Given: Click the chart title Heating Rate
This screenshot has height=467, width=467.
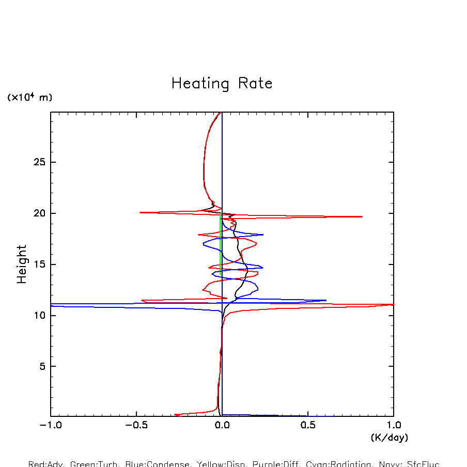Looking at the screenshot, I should click(x=222, y=84).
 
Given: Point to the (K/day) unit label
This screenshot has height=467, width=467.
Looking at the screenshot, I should click(x=390, y=438).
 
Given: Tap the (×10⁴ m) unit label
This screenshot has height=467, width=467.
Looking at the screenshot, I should click(x=29, y=97).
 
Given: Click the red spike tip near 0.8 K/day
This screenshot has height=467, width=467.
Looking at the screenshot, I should click(x=362, y=216).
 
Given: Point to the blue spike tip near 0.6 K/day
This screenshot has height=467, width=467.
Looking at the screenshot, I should click(x=326, y=300).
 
